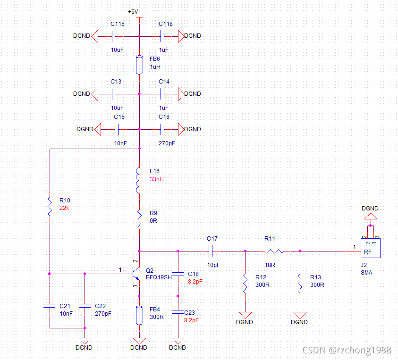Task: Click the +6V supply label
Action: click(133, 11)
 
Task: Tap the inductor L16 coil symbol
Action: click(139, 180)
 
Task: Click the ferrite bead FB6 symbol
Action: click(139, 65)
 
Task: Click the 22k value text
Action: click(65, 208)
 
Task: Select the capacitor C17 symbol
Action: click(212, 251)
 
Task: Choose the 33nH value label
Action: click(157, 180)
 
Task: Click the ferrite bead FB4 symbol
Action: click(139, 315)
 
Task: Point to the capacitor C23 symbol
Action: click(178, 311)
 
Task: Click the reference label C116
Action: click(118, 24)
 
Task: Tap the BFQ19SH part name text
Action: click(159, 277)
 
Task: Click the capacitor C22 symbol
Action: click(85, 306)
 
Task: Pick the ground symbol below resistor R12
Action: click(245, 314)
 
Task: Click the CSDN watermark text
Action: click(347, 350)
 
